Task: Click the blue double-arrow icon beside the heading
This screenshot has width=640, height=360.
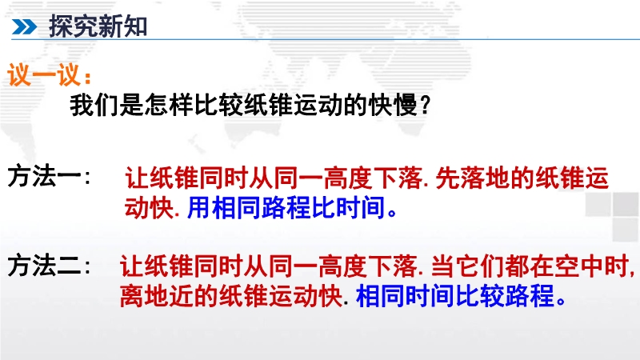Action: tap(24, 27)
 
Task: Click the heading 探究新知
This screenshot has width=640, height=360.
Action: tap(98, 26)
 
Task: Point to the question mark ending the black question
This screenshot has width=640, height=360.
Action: tap(425, 106)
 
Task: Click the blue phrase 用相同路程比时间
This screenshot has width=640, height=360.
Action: tap(286, 207)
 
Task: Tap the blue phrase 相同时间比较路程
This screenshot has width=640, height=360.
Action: tap(455, 295)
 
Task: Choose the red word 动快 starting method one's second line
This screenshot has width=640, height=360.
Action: tap(150, 207)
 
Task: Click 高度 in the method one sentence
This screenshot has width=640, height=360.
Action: tap(348, 178)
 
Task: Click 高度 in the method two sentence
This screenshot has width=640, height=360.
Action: tap(343, 266)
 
